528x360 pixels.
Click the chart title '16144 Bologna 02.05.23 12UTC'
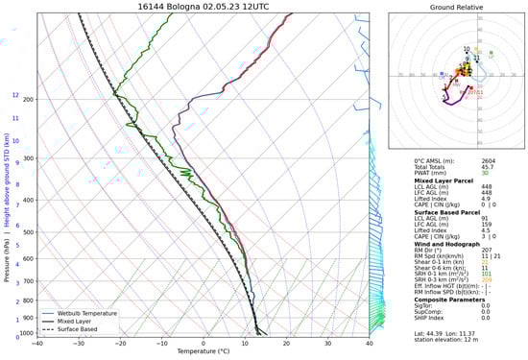(x=203, y=6)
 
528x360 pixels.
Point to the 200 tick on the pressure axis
(x=29, y=100)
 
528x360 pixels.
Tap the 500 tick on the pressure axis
(x=29, y=231)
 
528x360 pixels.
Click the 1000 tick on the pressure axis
(x=27, y=333)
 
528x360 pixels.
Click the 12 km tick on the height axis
(x=15, y=95)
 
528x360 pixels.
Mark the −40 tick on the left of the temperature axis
(x=37, y=342)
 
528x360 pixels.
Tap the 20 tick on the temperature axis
(x=286, y=342)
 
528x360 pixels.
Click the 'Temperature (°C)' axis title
(x=203, y=351)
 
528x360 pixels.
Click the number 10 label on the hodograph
(x=467, y=49)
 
